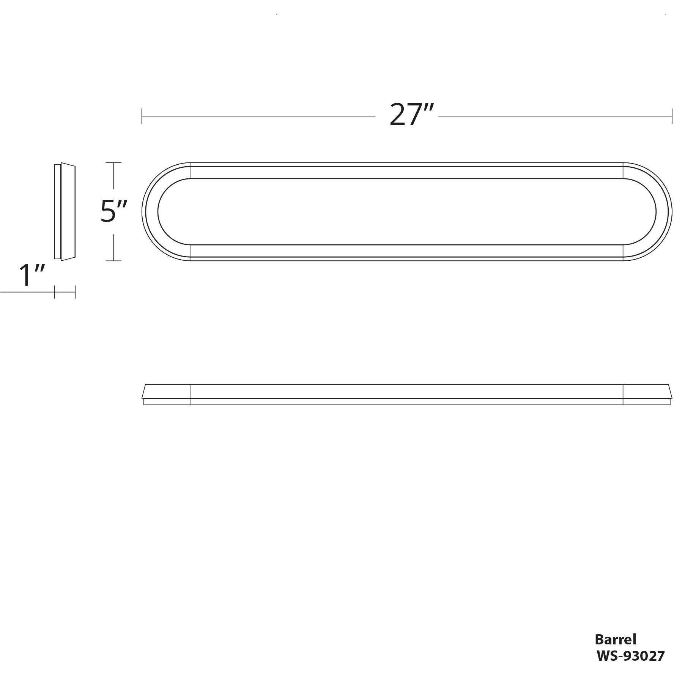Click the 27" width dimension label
411,115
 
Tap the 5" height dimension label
113,211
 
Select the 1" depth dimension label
32,276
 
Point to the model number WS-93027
630,656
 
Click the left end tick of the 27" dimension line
142,116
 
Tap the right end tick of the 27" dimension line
671,116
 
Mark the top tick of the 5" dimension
113,162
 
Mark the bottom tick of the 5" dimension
113,261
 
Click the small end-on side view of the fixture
65,212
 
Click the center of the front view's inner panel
407,212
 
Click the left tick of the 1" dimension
55,292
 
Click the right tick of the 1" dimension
75,292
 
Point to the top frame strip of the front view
407,172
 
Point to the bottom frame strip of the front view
407,251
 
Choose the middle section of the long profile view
407,394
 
